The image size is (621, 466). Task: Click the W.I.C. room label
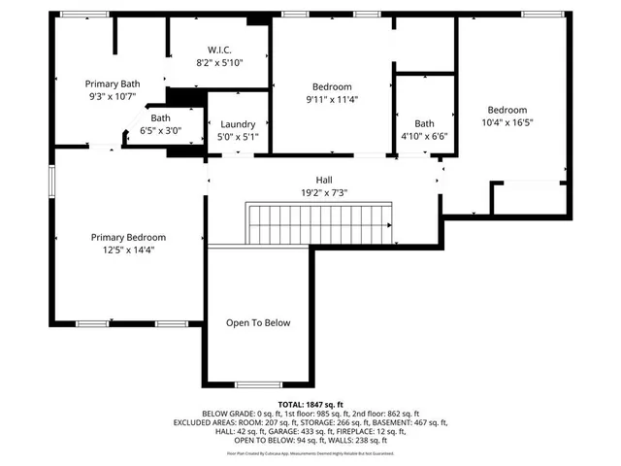tap(219, 50)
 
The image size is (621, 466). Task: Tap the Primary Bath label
tap(112, 83)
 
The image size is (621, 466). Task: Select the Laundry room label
tap(238, 124)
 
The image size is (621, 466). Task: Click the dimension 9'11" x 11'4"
tap(332, 99)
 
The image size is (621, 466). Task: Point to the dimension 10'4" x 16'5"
tap(507, 122)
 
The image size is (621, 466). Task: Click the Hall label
tap(324, 180)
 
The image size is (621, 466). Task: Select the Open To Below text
tap(258, 323)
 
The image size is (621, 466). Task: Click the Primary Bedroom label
tap(128, 237)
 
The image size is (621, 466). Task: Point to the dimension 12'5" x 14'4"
tap(128, 250)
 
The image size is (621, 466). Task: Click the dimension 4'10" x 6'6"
tap(424, 137)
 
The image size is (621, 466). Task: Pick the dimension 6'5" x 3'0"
tap(160, 130)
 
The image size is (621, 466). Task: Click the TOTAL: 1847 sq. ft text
tap(310, 404)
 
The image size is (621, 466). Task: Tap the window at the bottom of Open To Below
tap(258, 384)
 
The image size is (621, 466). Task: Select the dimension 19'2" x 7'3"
tap(324, 192)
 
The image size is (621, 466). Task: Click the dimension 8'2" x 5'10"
tap(219, 62)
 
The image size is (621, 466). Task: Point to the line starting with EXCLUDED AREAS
tap(310, 423)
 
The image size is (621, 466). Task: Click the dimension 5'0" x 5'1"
tap(238, 137)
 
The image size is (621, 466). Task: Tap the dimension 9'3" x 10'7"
tap(112, 96)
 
